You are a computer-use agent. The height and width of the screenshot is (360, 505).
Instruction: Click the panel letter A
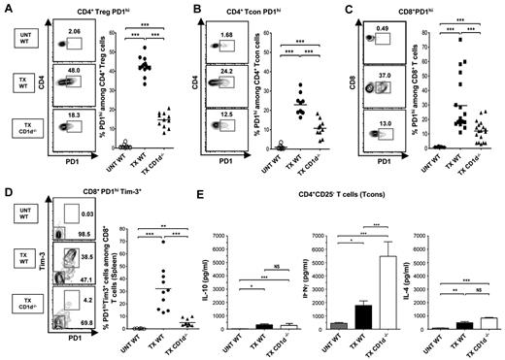6,7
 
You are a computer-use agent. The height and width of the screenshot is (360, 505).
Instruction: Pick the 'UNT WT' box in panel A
17,42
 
